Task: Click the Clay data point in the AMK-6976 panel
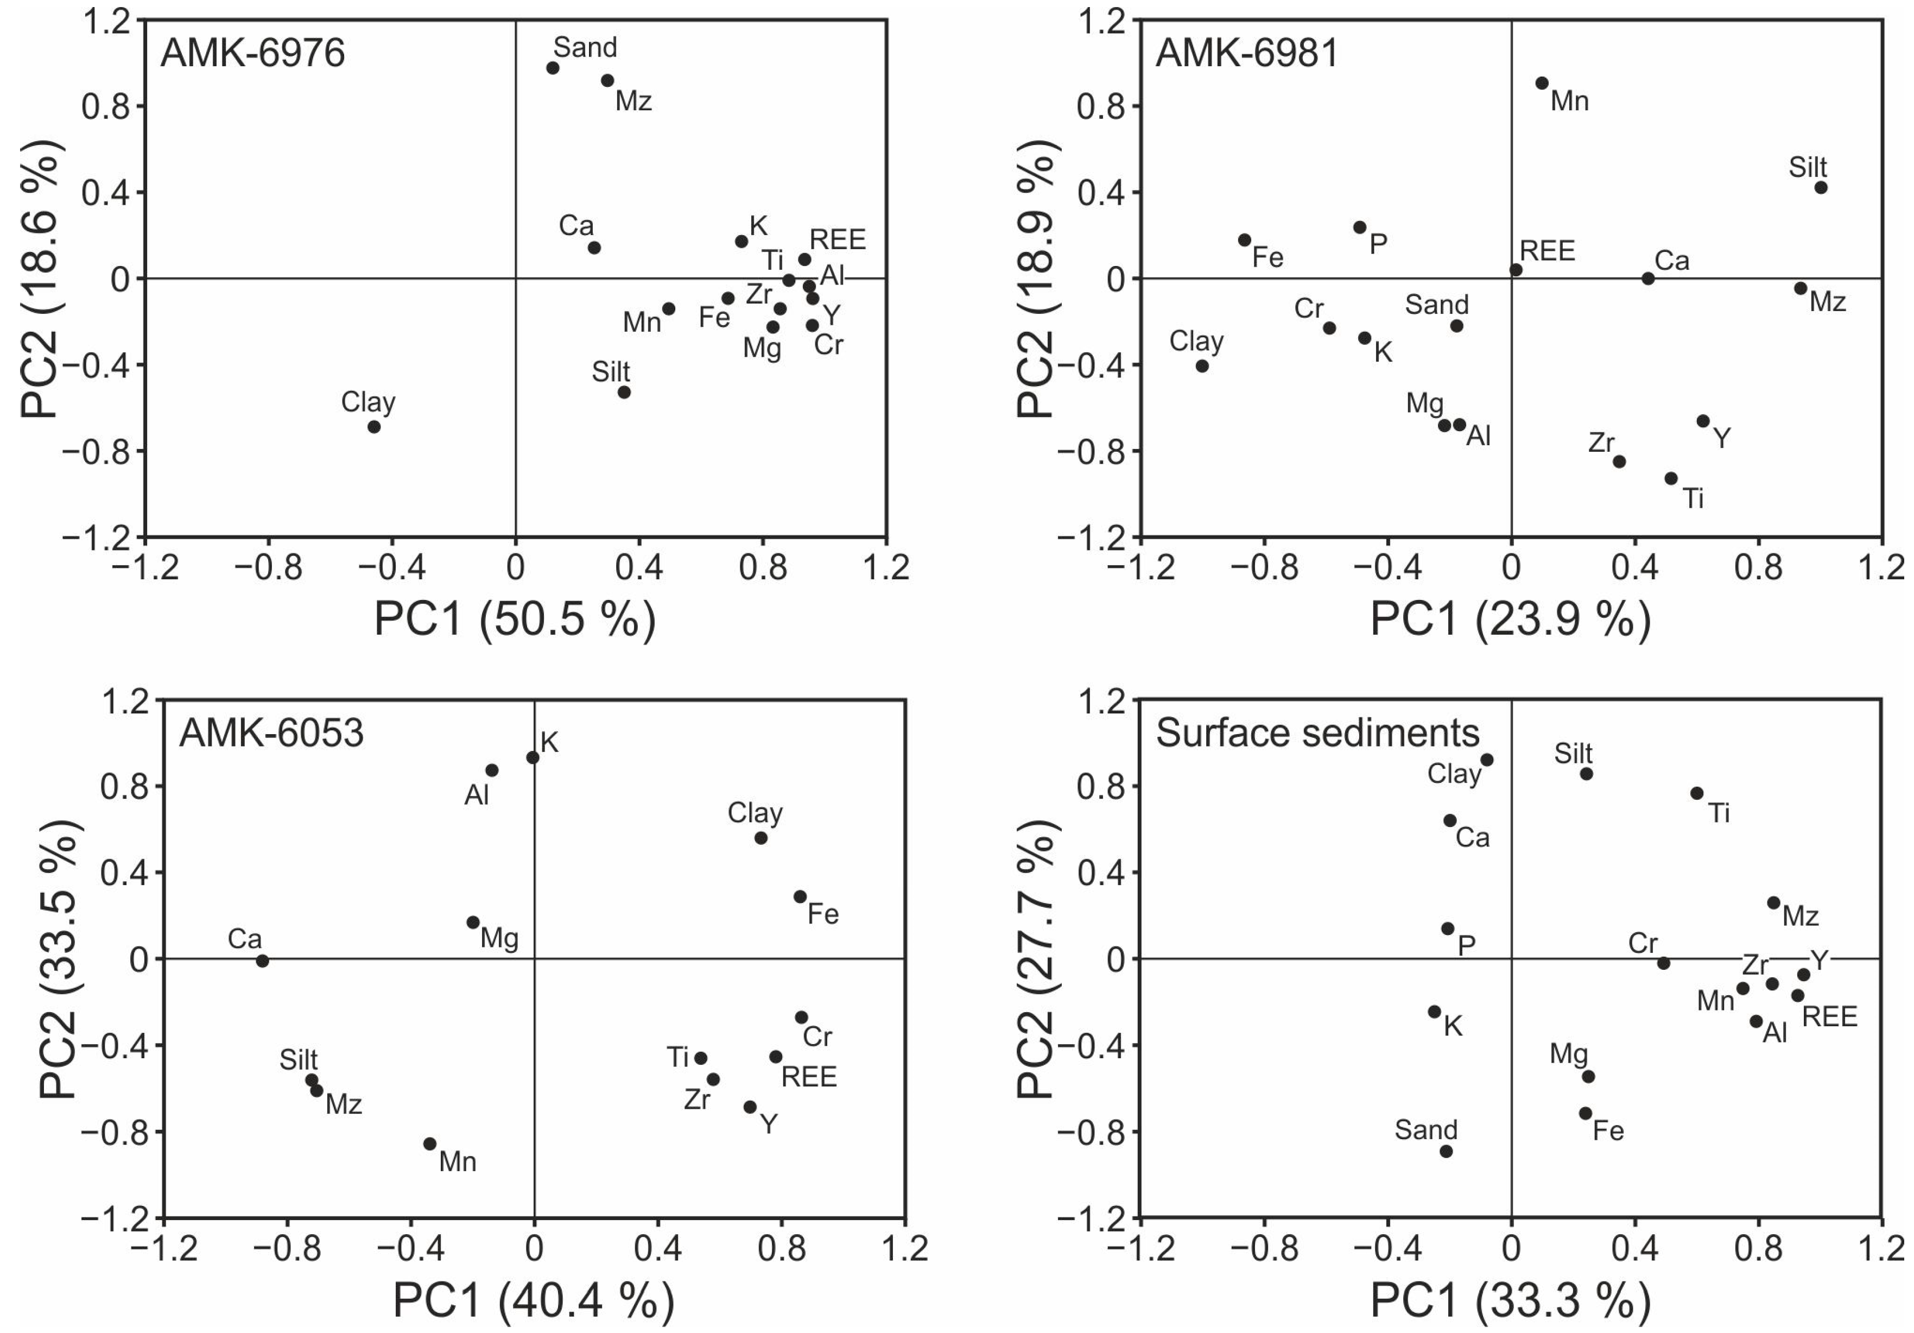click(375, 427)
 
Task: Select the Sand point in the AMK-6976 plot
click(553, 67)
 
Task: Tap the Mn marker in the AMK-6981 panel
click(1542, 84)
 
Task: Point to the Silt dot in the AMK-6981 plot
click(1821, 187)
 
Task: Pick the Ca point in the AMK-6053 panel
click(263, 961)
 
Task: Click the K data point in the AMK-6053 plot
click(533, 757)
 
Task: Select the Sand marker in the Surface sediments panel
click(1446, 1151)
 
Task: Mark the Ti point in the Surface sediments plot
click(1696, 793)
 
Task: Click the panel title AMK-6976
click(252, 53)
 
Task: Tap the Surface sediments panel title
click(1317, 733)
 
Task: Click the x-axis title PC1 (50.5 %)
click(515, 618)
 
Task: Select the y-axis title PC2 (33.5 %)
click(60, 959)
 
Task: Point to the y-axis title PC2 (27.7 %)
click(1036, 959)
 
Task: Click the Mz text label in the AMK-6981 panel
click(1827, 302)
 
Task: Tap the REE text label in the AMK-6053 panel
click(809, 1077)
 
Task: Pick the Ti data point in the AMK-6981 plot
click(1671, 478)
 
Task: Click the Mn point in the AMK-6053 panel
click(430, 1144)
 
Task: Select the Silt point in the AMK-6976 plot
click(624, 392)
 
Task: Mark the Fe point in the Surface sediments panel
click(1586, 1113)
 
